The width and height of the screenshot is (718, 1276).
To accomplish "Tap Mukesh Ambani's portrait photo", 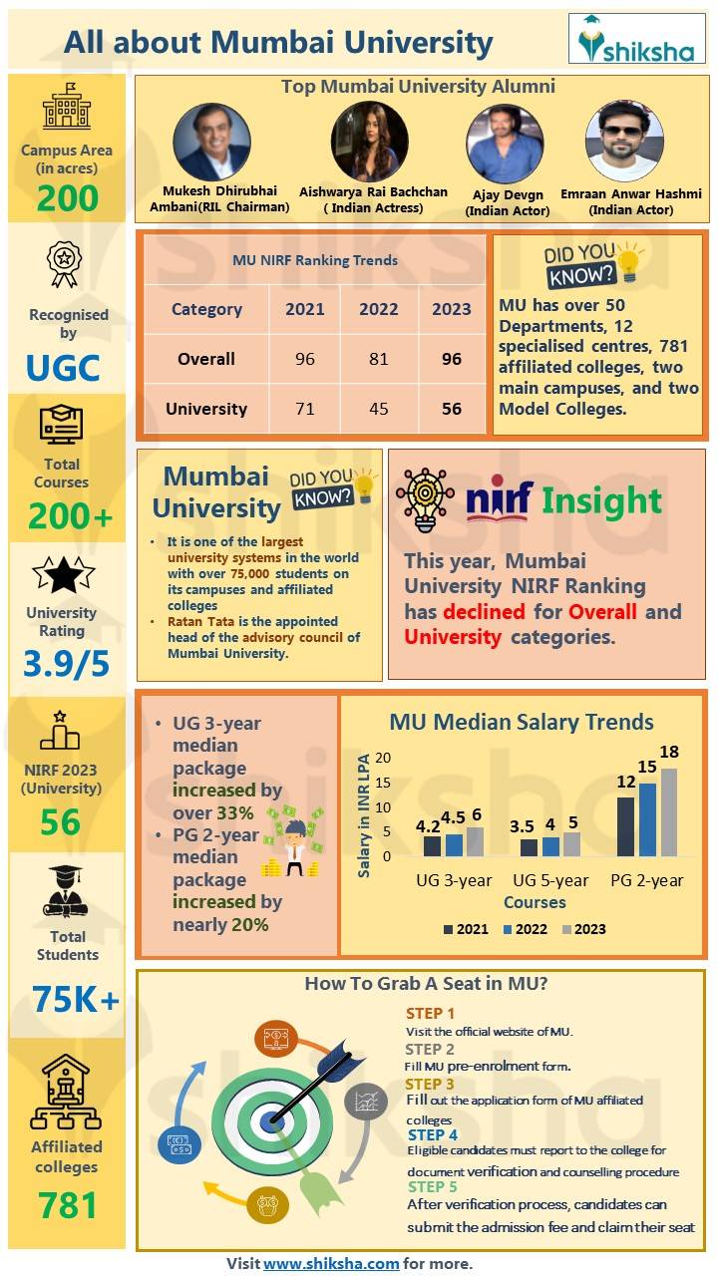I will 211,143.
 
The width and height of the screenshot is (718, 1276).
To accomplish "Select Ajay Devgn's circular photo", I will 505,145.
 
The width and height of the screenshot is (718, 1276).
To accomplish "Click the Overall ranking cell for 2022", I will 378,359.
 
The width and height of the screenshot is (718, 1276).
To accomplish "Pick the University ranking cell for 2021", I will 304,409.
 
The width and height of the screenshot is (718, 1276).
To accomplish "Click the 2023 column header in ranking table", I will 451,309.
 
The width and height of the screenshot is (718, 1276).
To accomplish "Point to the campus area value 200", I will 68,198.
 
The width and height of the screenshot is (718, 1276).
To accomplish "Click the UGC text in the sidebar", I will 63,368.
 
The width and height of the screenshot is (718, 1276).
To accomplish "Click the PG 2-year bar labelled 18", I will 668,811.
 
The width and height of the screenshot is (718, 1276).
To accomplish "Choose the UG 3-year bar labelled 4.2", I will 431,845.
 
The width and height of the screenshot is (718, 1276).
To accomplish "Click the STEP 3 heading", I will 430,1084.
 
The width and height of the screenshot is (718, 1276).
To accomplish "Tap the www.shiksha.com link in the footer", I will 331,1263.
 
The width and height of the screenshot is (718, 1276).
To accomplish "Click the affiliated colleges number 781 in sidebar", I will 67,1206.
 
